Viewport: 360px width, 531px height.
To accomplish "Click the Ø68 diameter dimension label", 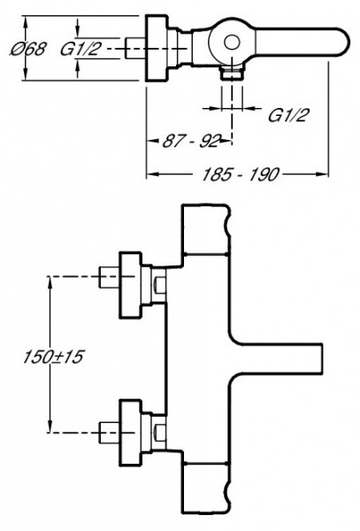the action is pyautogui.click(x=28, y=49).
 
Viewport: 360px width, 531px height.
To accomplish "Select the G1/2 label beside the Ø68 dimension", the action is pyautogui.click(x=80, y=49).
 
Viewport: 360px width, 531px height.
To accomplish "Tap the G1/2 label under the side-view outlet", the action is pyautogui.click(x=288, y=115).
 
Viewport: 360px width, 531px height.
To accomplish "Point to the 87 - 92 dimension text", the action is pyautogui.click(x=192, y=141).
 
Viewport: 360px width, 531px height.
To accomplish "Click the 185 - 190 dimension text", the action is pyautogui.click(x=241, y=174).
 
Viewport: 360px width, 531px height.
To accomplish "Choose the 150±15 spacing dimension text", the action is pyautogui.click(x=53, y=357).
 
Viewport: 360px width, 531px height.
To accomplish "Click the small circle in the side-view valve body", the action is pyautogui.click(x=232, y=43).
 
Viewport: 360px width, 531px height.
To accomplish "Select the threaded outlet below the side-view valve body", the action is pyautogui.click(x=232, y=74).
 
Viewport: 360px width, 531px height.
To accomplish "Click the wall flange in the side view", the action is pyautogui.click(x=157, y=48).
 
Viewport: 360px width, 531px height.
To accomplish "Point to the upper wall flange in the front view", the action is pyautogui.click(x=130, y=285).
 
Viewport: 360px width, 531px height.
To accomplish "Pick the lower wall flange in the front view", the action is pyautogui.click(x=130, y=433).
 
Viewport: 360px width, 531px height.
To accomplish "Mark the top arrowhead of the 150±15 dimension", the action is pyautogui.click(x=50, y=281).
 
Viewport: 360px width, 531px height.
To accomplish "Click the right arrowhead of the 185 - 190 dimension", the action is pyautogui.click(x=322, y=174).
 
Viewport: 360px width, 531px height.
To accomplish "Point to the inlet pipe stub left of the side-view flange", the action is pyautogui.click(x=135, y=48).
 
